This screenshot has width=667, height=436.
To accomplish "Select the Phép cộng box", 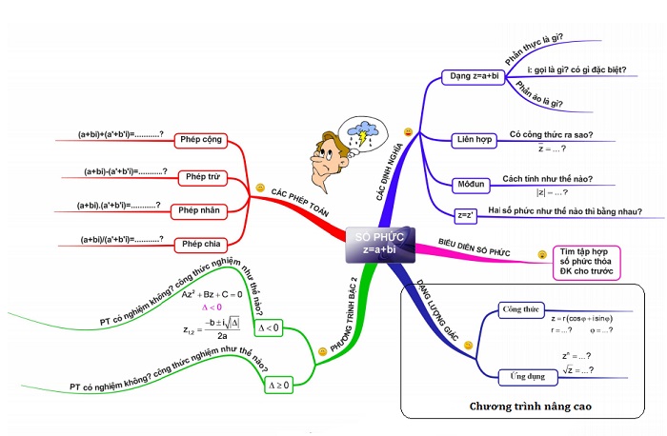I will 200,140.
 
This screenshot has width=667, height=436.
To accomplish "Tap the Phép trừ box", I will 202,176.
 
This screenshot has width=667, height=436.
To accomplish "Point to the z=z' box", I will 466,215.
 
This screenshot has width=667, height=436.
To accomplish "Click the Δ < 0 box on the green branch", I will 270,327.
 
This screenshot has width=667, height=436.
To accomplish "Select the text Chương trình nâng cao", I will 531,406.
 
